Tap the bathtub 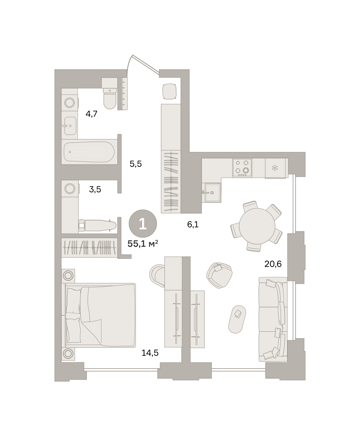89,152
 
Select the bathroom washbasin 70,126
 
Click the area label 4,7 92,114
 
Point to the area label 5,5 135,164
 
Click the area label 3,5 95,189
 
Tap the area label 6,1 193,224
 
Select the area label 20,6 273,264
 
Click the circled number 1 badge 143,223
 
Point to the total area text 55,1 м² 143,243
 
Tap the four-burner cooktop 242,168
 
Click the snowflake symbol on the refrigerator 275,167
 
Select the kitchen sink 212,192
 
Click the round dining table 257,226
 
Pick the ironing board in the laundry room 97,225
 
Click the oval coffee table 237,319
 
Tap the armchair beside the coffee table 219,275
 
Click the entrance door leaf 146,64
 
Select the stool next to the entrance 169,92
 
